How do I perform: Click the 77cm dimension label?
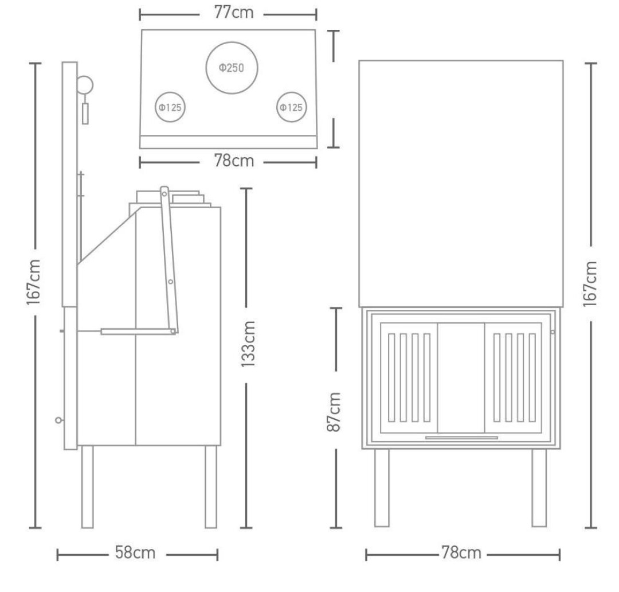[x=234, y=12]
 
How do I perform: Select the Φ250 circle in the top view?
[x=232, y=42]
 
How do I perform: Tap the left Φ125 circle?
[x=170, y=92]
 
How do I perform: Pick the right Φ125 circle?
[x=291, y=92]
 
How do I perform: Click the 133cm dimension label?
[x=248, y=344]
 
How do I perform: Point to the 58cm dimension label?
[x=135, y=552]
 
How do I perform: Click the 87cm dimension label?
[x=334, y=412]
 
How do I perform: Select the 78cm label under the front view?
[x=461, y=553]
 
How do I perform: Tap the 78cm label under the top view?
[x=234, y=161]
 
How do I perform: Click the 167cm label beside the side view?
[x=34, y=282]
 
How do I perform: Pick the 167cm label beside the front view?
[x=590, y=284]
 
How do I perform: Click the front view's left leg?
[x=382, y=488]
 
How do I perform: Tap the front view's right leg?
[x=539, y=488]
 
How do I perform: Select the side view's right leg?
[x=211, y=487]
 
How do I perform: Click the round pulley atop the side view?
[x=77, y=84]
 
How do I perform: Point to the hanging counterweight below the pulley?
[x=85, y=114]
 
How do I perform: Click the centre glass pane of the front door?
[x=461, y=378]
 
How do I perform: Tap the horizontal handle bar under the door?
[x=461, y=438]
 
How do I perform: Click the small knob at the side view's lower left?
[x=58, y=420]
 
